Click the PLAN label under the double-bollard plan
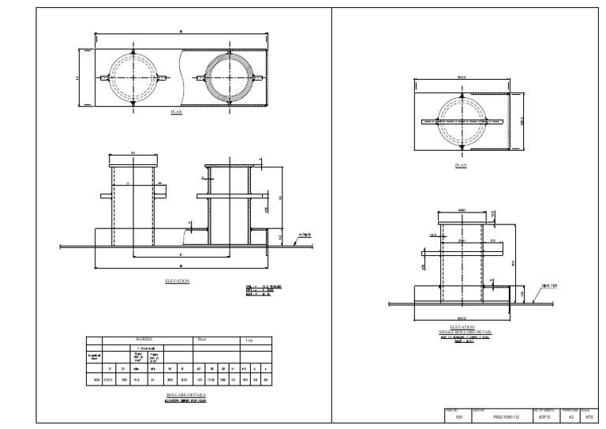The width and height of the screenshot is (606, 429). (177, 113)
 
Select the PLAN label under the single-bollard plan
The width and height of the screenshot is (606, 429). (460, 166)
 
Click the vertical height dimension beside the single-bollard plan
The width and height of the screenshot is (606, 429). (522, 122)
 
